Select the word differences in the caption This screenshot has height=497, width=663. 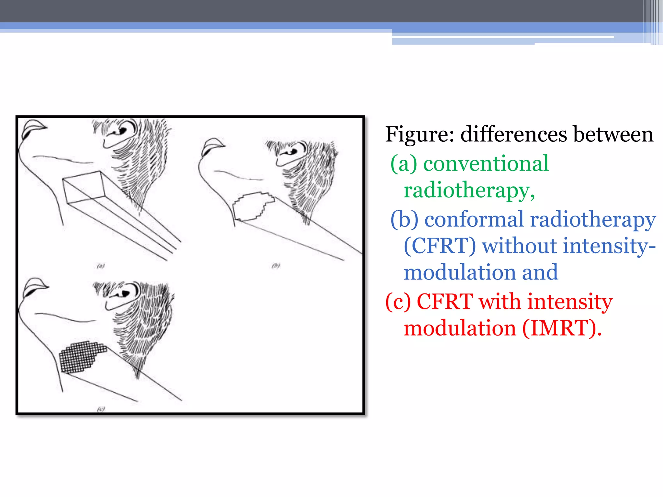[x=513, y=135]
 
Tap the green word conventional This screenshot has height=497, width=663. [x=486, y=164]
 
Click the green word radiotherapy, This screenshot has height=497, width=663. [x=469, y=191]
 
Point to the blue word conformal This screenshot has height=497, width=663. [x=475, y=219]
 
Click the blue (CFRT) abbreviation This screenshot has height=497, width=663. [x=440, y=246]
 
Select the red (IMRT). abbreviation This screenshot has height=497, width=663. [x=562, y=329]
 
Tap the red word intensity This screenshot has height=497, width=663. [x=570, y=302]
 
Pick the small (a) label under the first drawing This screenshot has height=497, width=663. [x=101, y=266]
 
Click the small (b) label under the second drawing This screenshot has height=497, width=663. [x=276, y=266]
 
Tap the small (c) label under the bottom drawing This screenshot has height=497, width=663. [x=101, y=409]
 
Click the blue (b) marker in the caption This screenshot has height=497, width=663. [x=404, y=219]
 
